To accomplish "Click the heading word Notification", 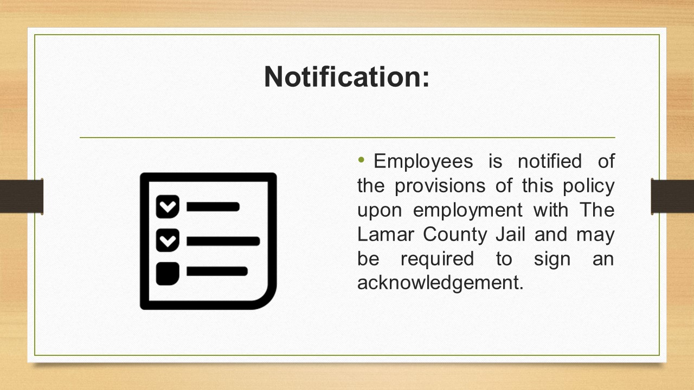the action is [x=346, y=77].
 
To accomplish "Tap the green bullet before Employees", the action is [x=361, y=160].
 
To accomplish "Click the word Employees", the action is [x=423, y=162].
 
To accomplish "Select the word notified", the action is [x=550, y=161].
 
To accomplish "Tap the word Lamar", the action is [x=385, y=235].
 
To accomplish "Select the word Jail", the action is [x=510, y=235].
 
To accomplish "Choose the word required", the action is [x=437, y=259].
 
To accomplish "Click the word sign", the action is [x=552, y=259].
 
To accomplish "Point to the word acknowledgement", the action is [x=440, y=283].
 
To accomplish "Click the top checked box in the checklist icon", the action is [x=168, y=206].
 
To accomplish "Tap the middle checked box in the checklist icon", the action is [x=168, y=240].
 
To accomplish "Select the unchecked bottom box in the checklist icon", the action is [x=168, y=274].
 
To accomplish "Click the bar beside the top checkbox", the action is [x=213, y=207].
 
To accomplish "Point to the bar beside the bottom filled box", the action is [x=217, y=271].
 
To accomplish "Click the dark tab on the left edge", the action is [x=21, y=196].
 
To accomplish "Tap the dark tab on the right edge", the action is [x=672, y=196].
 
